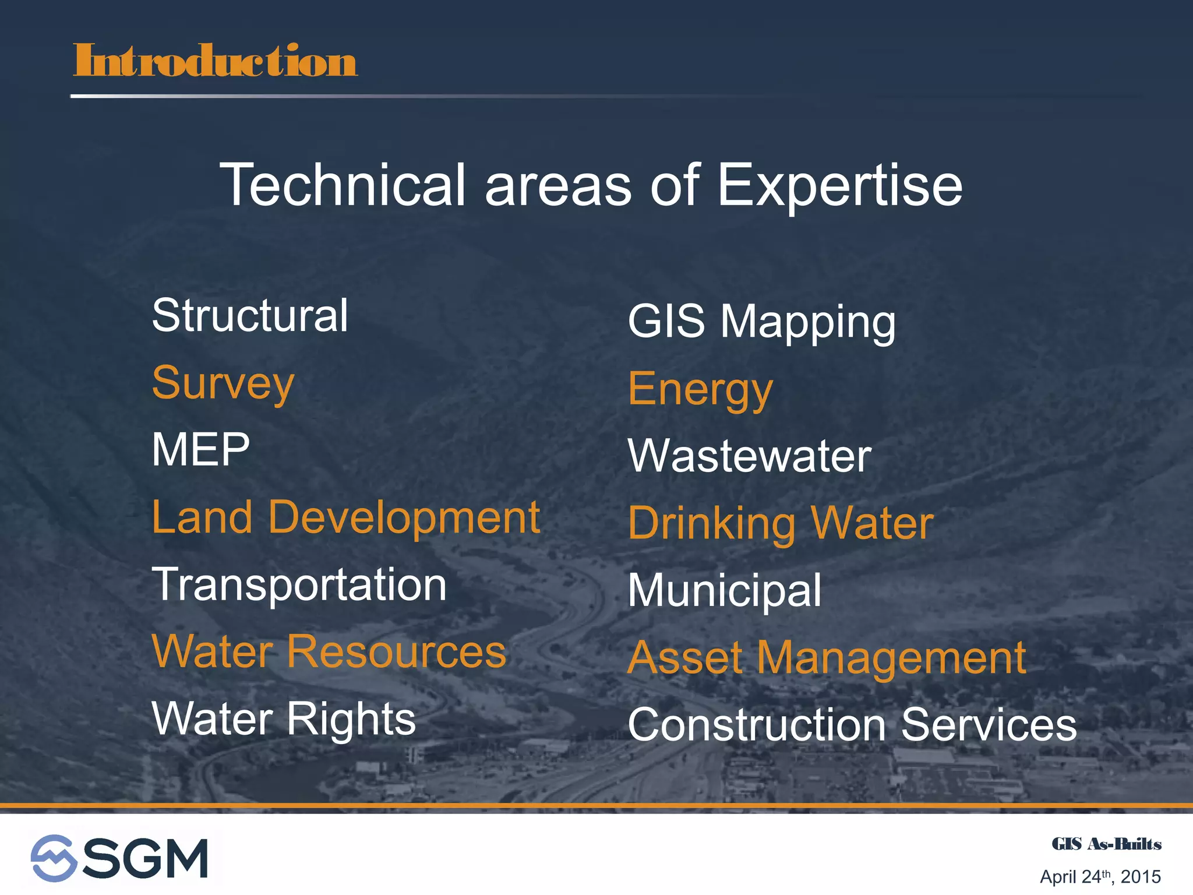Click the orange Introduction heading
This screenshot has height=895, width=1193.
214,61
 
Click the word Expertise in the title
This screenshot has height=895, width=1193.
839,185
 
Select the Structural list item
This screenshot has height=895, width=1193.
250,316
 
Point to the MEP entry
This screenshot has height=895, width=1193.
200,450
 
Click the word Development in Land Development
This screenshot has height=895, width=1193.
404,519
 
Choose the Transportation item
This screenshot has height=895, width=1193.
299,585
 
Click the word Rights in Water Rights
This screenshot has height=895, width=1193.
351,720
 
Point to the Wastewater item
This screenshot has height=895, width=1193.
749,456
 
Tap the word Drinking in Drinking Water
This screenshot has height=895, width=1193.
712,524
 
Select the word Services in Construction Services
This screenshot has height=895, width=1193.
989,725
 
